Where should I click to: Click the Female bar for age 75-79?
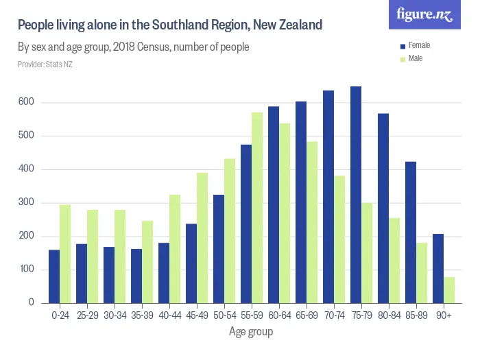(356, 195)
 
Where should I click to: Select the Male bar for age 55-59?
(257, 208)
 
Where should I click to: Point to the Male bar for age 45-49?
(202, 238)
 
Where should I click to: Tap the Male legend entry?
(415, 59)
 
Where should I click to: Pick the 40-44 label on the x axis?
(169, 316)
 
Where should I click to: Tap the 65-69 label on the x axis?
(307, 316)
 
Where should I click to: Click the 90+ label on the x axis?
(444, 316)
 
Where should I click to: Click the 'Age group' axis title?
(251, 333)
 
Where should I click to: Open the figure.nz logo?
(424, 14)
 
